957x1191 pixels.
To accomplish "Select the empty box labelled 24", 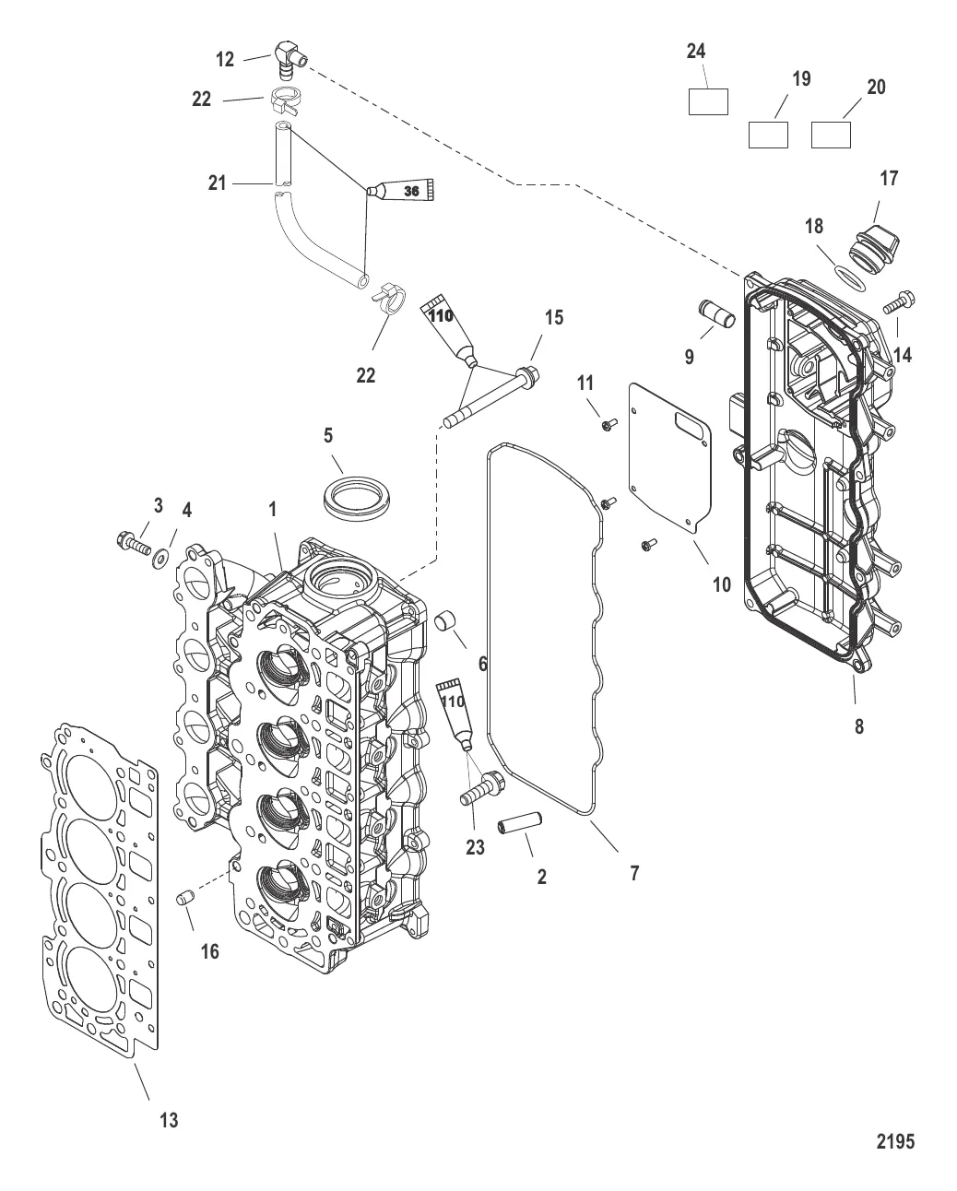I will tap(708, 101).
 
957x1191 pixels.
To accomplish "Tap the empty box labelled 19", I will tap(767, 135).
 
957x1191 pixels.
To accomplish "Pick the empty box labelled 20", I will tap(830, 135).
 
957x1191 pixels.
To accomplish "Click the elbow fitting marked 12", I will tap(288, 57).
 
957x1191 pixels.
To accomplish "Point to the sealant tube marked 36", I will tap(406, 191).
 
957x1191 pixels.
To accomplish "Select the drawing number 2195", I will tap(894, 1141).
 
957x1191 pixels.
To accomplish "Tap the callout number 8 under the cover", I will tap(859, 725).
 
